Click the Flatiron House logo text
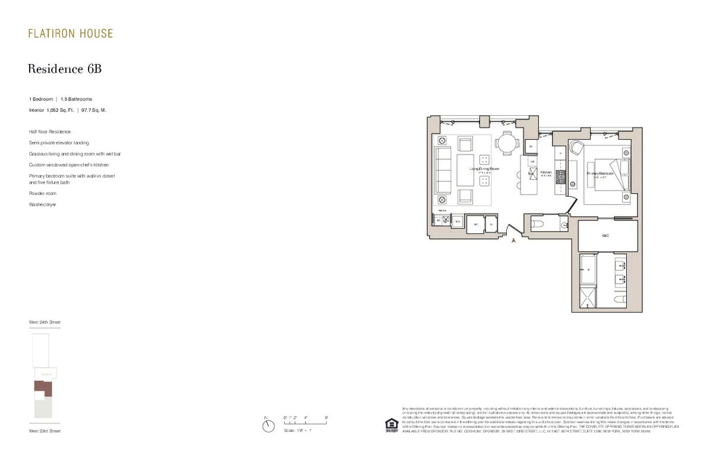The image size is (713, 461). point(70,34)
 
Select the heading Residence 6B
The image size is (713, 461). point(65,69)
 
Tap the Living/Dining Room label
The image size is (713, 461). point(484,169)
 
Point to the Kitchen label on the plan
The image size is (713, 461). point(546,173)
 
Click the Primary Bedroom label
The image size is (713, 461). point(600,173)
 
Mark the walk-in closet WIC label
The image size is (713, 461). point(606,235)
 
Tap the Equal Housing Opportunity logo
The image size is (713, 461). point(392,426)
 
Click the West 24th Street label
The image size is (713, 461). point(45,322)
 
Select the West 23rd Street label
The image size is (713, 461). point(45,431)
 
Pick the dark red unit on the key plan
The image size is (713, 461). point(43,389)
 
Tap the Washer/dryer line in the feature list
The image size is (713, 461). point(42,204)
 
